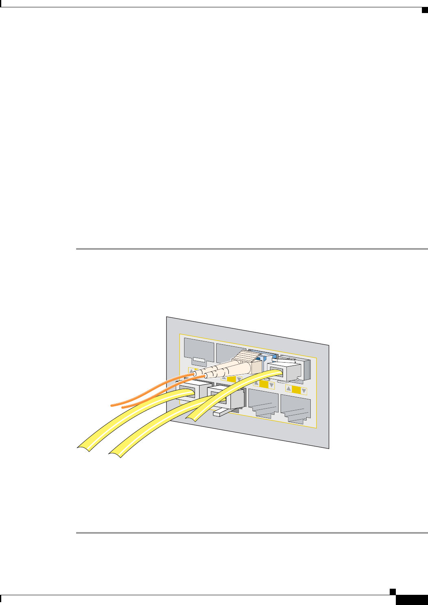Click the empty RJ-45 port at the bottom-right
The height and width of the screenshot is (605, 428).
[x=296, y=409]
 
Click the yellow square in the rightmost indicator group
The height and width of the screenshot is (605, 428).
[x=296, y=390]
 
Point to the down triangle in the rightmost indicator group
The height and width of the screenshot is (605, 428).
[x=303, y=391]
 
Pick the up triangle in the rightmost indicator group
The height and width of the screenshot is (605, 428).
[x=289, y=389]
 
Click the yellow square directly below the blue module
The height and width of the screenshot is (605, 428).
[x=264, y=384]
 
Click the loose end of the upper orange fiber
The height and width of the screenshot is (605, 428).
[x=113, y=405]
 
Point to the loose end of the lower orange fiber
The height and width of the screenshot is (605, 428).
[x=123, y=407]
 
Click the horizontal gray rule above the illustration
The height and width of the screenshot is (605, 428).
[x=252, y=249]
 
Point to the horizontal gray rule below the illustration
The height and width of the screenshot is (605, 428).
[x=252, y=533]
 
